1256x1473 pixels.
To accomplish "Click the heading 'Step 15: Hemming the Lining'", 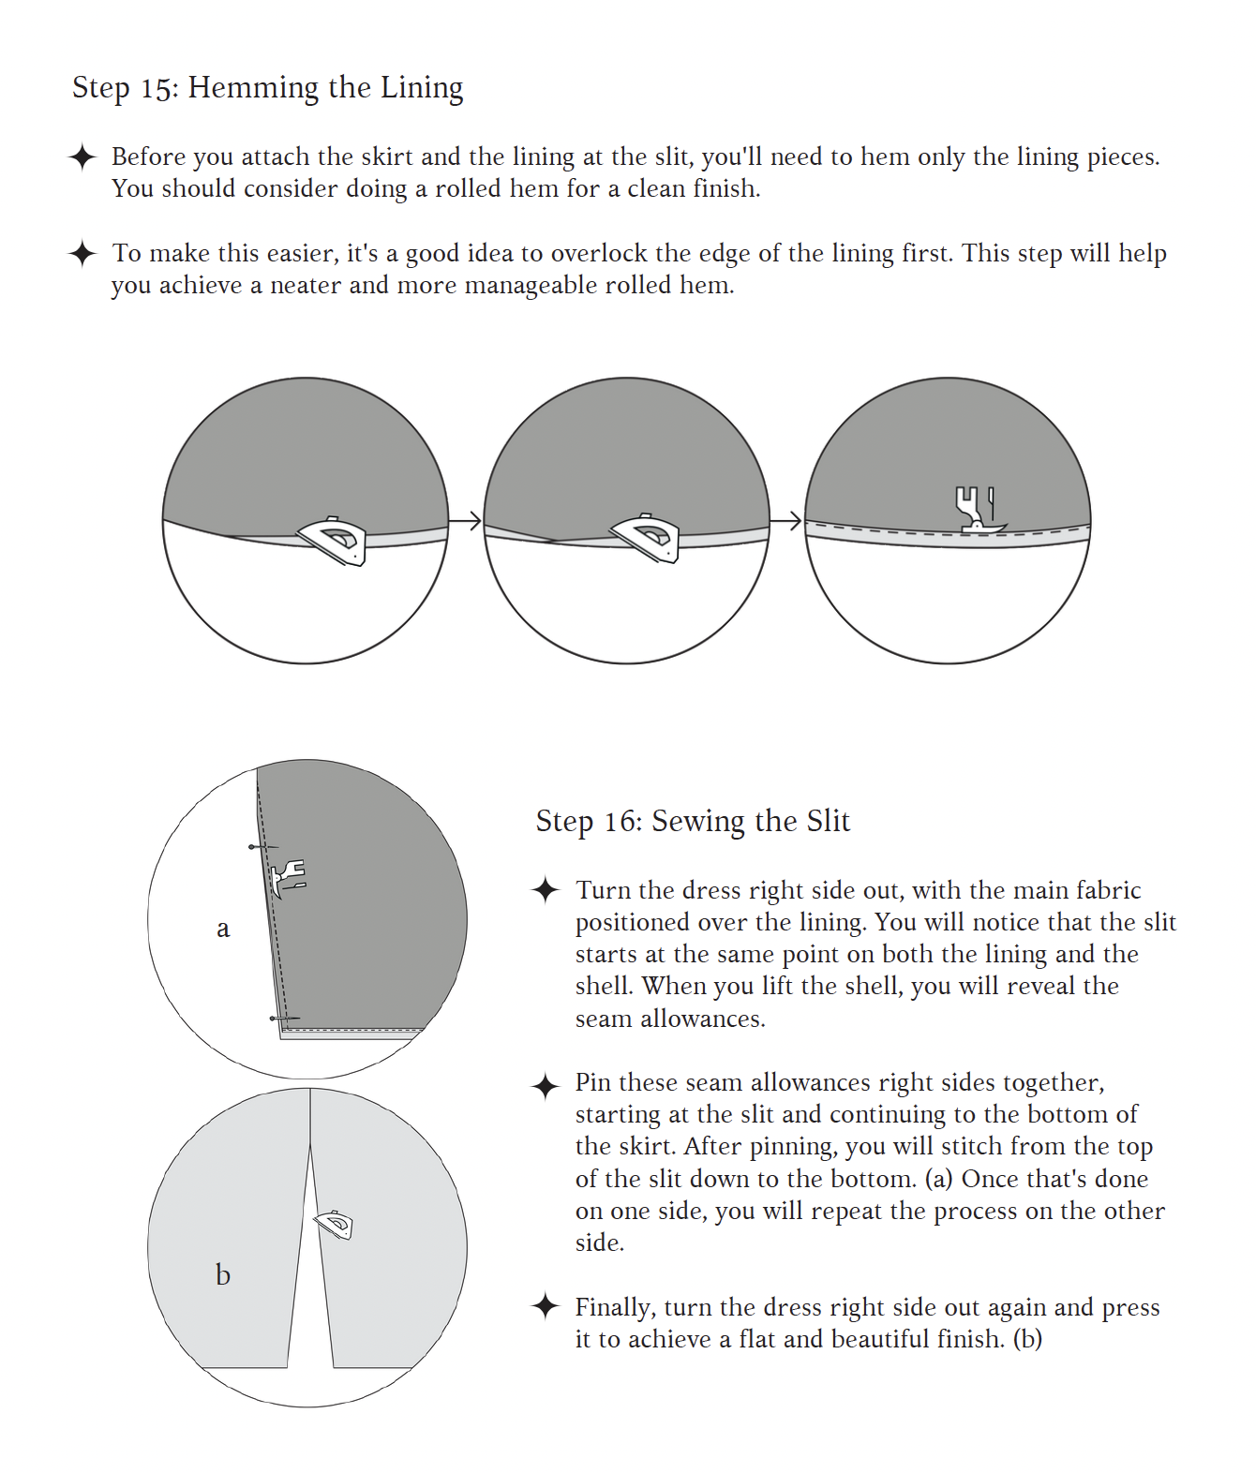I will tap(267, 87).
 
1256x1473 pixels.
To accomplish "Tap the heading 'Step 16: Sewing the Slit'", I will tap(692, 821).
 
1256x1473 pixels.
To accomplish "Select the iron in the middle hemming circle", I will tap(646, 539).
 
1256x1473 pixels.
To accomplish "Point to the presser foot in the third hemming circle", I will tap(978, 510).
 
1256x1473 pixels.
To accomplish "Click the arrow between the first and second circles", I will tap(466, 520).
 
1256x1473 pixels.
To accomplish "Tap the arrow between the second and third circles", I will tap(786, 520).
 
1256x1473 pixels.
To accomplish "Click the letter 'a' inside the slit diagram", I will tap(223, 929).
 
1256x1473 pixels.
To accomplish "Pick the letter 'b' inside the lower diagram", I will tap(223, 1275).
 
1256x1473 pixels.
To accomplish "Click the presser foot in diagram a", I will tap(288, 878).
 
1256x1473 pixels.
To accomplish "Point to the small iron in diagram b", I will tap(335, 1225).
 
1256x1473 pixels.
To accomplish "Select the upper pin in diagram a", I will tap(262, 847).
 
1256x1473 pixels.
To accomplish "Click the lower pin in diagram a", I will tap(284, 1018).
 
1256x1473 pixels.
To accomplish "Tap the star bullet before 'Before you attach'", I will tap(82, 157).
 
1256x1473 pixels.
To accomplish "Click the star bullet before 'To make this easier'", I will tap(82, 254).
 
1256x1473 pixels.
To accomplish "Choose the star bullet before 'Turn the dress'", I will tap(546, 890).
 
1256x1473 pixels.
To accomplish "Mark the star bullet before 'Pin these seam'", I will tap(546, 1087).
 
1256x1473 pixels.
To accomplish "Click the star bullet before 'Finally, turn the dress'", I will tap(546, 1307).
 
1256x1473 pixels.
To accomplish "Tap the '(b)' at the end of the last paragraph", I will tap(1027, 1339).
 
